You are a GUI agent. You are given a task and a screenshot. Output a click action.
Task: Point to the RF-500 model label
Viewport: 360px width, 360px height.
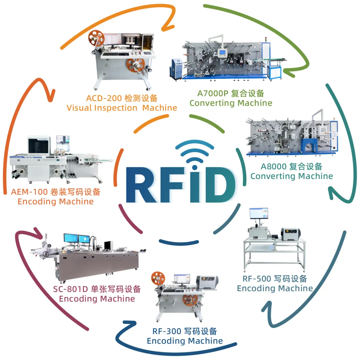click(x=254, y=279)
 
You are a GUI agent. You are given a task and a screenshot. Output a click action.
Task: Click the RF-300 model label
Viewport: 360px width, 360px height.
click(x=167, y=331)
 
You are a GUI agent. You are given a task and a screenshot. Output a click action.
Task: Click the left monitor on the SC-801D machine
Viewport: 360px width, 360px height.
click(x=70, y=238)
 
